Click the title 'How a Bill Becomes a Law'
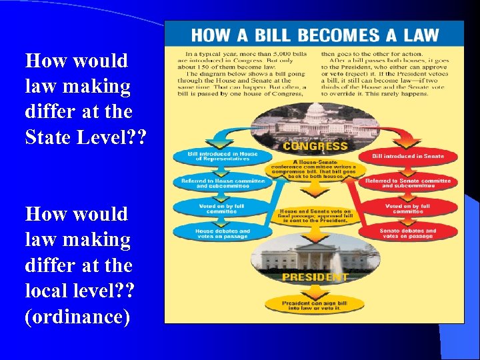pyautogui.click(x=315, y=35)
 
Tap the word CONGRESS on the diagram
pyautogui.click(x=315, y=145)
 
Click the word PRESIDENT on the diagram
pyautogui.click(x=315, y=277)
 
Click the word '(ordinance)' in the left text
pyautogui.click(x=77, y=316)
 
